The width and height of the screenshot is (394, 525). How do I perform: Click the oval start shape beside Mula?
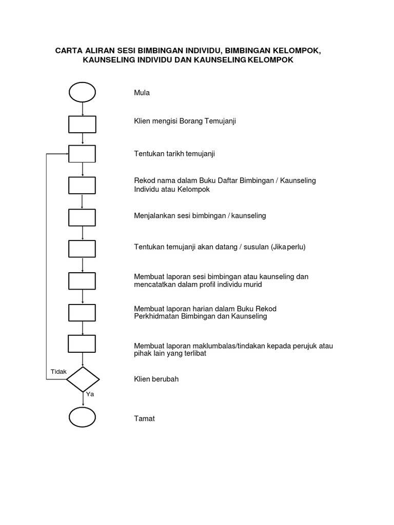click(82, 93)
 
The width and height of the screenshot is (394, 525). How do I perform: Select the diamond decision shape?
click(82, 379)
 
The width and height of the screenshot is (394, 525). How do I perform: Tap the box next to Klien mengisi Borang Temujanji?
click(82, 124)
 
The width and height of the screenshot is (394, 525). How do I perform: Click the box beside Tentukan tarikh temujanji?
click(82, 154)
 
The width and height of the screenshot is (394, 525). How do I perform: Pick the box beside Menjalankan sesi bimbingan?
click(82, 217)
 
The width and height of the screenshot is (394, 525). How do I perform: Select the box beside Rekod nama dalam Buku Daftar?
click(82, 185)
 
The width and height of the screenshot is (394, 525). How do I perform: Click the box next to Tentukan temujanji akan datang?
click(82, 248)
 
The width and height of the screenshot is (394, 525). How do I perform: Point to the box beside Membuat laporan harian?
click(82, 312)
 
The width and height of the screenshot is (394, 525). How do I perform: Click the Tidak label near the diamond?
click(58, 372)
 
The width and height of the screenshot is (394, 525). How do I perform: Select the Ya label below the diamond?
click(90, 395)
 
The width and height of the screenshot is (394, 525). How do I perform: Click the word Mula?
click(142, 93)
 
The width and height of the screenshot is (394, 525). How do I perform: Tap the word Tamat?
click(144, 418)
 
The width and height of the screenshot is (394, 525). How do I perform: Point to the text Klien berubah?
click(156, 379)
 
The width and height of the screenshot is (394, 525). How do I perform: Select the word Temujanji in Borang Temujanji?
click(221, 122)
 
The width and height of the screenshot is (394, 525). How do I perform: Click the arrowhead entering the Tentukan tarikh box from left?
click(66, 154)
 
